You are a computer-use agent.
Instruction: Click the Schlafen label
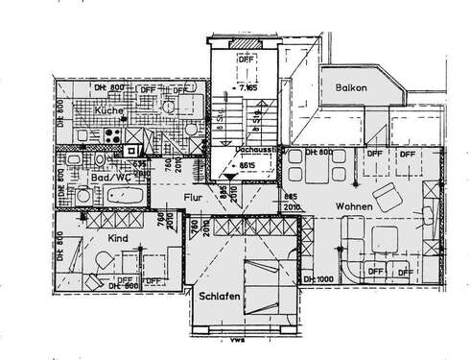[x=220, y=298]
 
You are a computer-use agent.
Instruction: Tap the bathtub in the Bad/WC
[x=125, y=195]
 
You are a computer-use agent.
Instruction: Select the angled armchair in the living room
[x=389, y=199]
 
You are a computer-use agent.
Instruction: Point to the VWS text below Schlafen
[x=233, y=338]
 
